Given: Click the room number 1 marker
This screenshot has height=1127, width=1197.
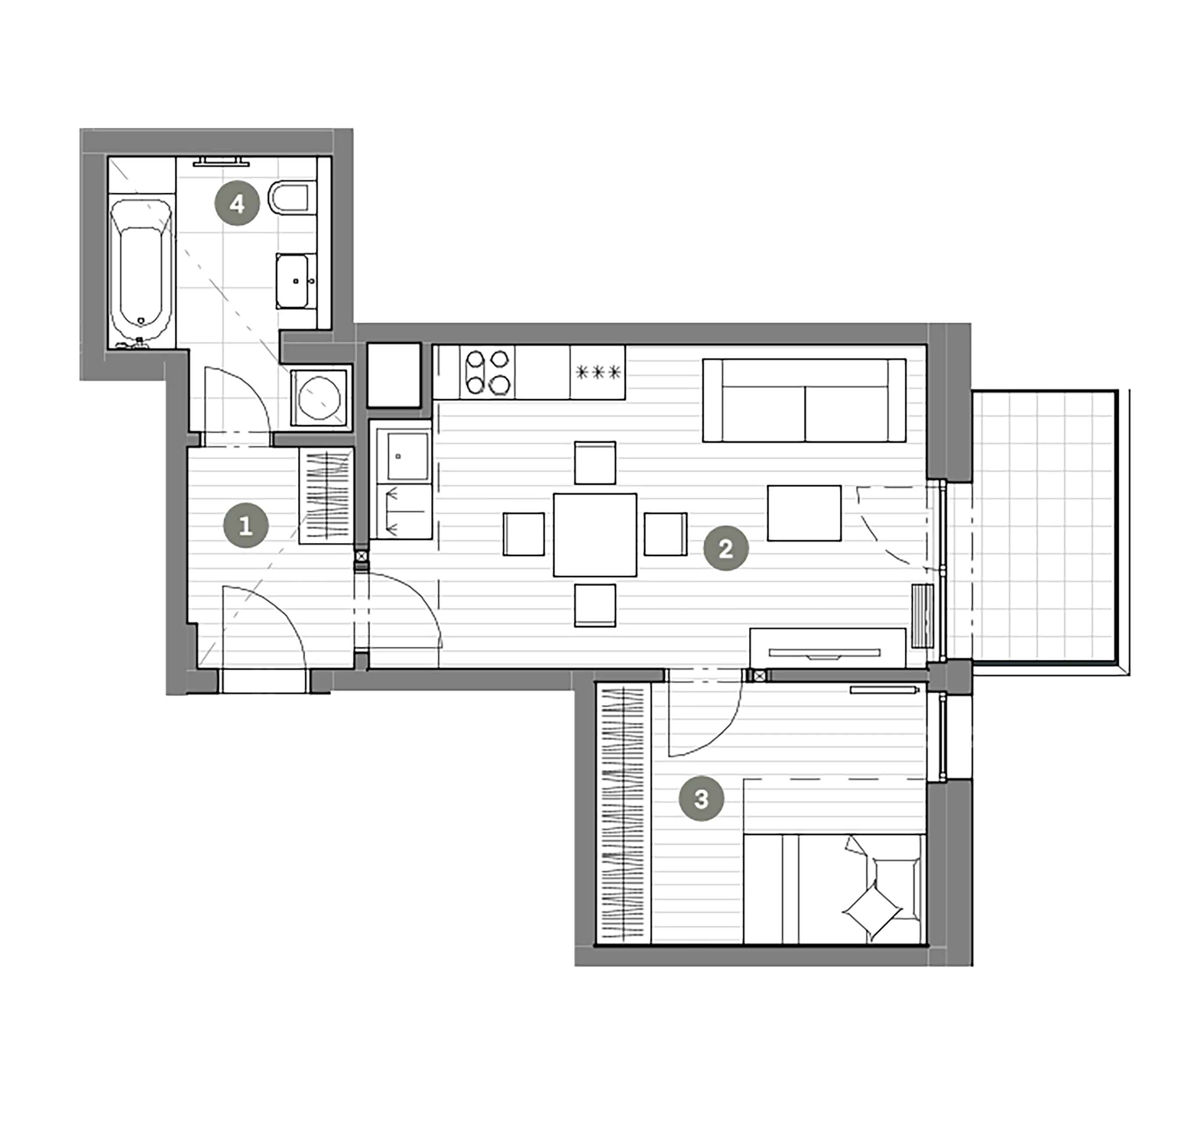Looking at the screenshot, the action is pos(246,526).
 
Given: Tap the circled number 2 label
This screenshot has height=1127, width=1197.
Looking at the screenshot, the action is pos(726,548).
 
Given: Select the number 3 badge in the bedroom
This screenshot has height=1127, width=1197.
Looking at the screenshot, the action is pos(702,799).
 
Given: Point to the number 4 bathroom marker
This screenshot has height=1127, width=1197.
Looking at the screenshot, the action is pos(237,204).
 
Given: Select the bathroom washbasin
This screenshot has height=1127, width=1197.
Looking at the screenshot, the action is pos(296,281).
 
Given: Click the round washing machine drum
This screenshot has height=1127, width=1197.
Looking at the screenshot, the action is pos(319,398).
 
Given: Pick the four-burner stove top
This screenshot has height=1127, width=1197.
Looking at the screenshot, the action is pos(487,372).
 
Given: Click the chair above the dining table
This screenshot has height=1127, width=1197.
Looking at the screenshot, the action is pos(595,463).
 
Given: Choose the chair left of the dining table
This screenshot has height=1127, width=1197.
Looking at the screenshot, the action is pos(524,534).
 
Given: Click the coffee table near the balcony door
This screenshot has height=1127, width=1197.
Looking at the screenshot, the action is pos(804,513).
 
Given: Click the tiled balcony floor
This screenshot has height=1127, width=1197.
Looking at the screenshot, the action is pos(1045,527).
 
